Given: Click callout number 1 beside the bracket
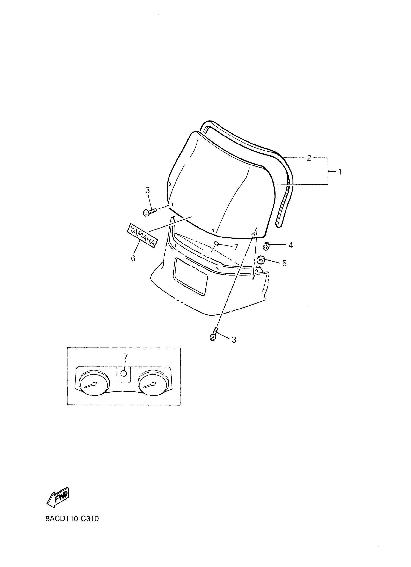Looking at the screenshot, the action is (339, 172).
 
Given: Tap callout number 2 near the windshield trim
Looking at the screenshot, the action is (309, 158).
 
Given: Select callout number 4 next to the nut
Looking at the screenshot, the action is (290, 245).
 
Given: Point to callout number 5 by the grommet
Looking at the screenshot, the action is (284, 263).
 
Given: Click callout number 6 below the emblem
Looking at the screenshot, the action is (133, 258).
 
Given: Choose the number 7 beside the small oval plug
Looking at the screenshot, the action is (236, 247).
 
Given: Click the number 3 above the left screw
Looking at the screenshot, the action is (147, 190).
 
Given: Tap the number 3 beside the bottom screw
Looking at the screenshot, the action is (234, 339).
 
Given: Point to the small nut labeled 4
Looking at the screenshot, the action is (266, 246).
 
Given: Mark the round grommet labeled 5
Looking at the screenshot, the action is (261, 260).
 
